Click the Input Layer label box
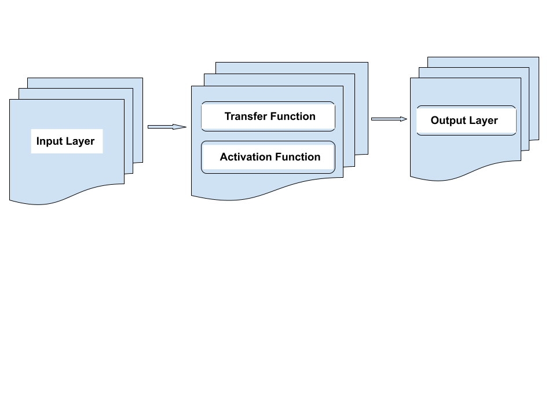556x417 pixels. click(x=67, y=141)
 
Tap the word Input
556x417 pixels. click(x=49, y=141)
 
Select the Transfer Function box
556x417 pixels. click(x=268, y=116)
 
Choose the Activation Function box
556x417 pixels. click(x=268, y=157)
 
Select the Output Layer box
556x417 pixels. click(x=466, y=120)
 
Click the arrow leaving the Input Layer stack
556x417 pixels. click(x=165, y=127)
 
